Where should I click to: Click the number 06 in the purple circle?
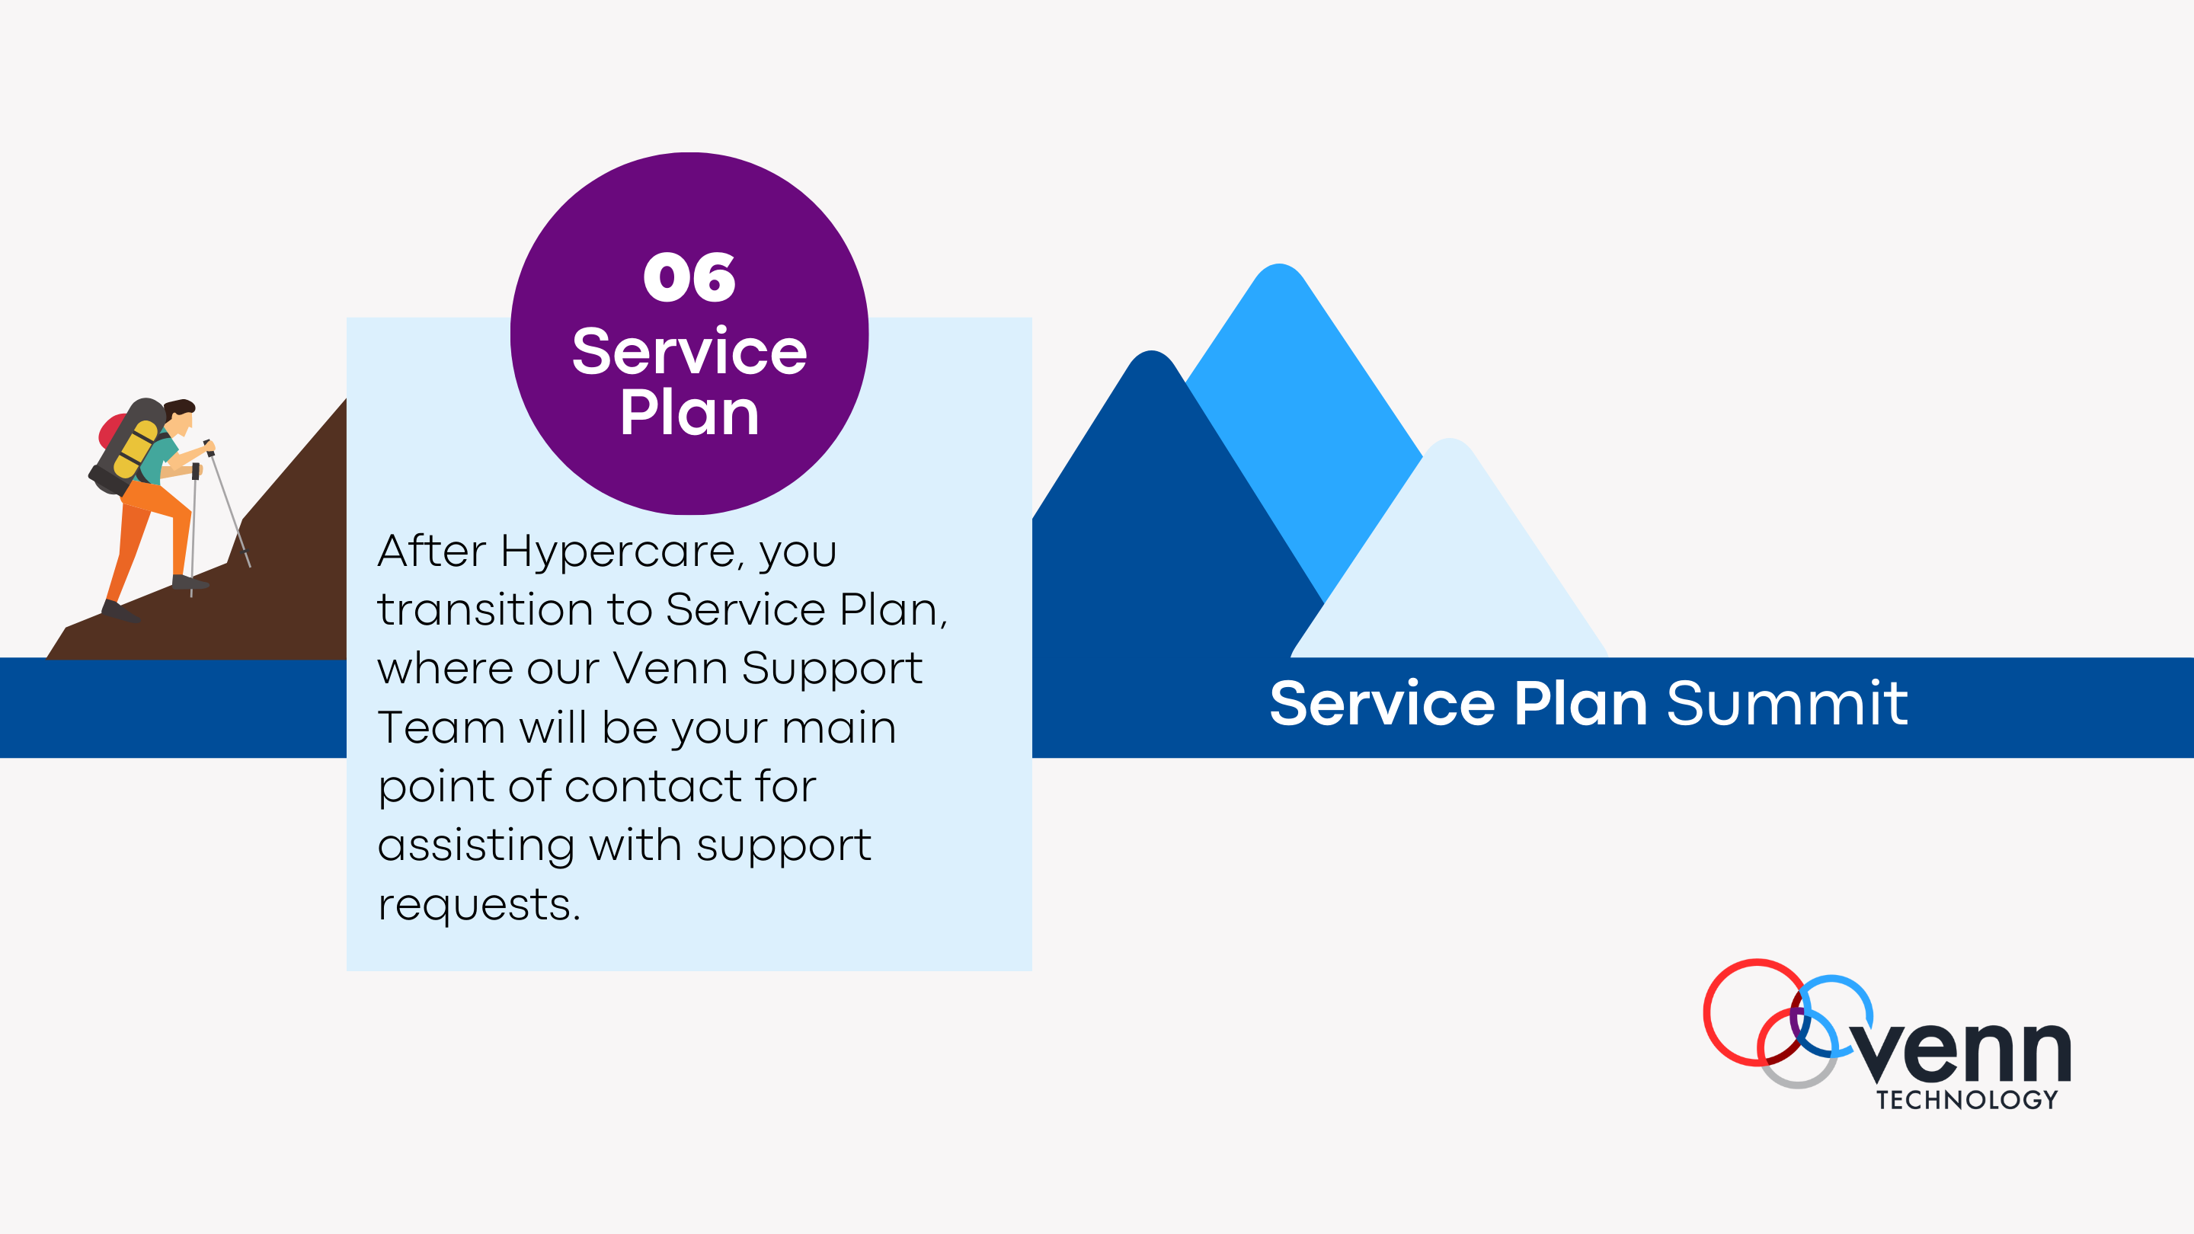[x=689, y=277]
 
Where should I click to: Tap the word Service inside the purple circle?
[x=689, y=351]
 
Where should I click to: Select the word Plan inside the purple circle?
[x=689, y=413]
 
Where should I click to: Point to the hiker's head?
[x=180, y=417]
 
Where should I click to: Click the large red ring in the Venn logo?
[x=1755, y=1012]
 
